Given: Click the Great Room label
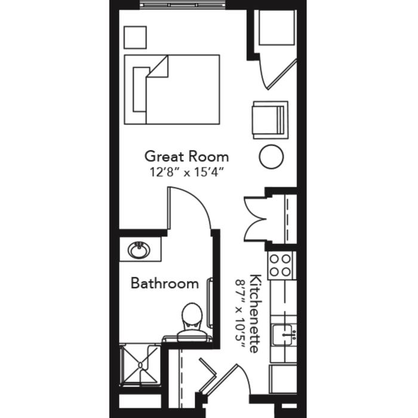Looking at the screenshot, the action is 186,156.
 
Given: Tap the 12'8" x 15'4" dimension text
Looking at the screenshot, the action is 186,172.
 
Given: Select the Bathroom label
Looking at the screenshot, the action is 165,283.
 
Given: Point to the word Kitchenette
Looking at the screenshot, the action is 255,314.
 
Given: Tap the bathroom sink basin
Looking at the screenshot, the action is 139,250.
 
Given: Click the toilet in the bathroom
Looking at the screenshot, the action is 192,322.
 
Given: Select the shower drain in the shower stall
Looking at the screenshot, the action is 140,365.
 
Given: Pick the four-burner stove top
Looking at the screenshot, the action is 280,266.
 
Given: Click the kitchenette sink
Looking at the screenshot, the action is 284,335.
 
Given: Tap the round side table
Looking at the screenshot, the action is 271,156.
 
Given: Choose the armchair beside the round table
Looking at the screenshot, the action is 271,120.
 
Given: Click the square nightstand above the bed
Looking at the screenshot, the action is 135,37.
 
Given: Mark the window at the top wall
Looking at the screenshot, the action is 183,5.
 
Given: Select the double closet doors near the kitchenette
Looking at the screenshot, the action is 256,219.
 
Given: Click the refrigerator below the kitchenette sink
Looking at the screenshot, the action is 282,379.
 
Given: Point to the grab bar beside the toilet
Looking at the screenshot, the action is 210,303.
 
